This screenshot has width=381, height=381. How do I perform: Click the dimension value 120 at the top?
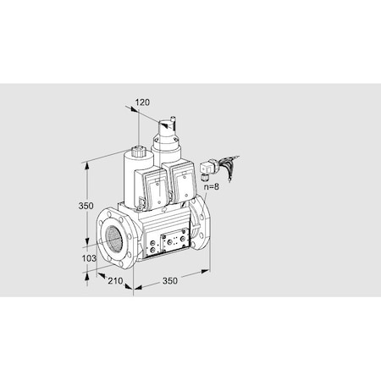[142, 102]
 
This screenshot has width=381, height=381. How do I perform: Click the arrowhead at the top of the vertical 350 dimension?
[86, 163]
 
